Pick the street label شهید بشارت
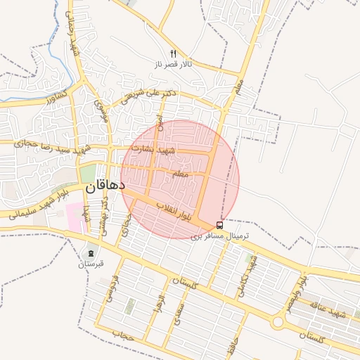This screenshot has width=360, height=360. (x=175, y=150)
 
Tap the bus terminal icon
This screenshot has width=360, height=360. (x=220, y=226)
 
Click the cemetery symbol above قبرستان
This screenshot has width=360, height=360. (x=91, y=253)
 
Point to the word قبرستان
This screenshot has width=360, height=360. (x=91, y=264)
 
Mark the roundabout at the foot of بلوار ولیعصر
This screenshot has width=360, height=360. (x=278, y=322)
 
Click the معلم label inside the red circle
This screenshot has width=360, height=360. (x=180, y=173)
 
